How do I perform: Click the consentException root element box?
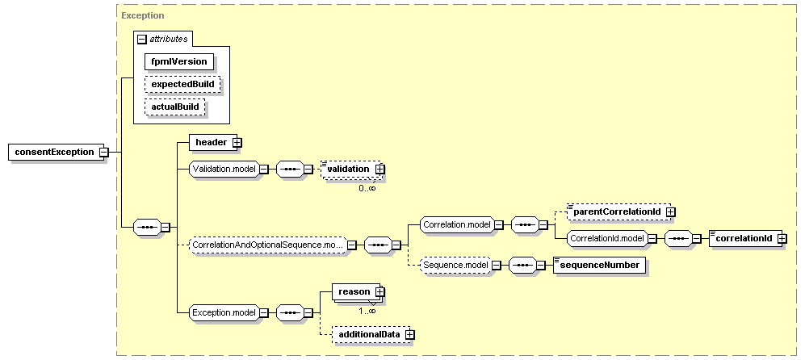(x=56, y=152)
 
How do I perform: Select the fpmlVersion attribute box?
(x=178, y=61)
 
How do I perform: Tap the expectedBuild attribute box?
(x=182, y=84)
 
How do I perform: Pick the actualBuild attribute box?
(x=174, y=107)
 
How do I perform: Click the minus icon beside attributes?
(x=142, y=39)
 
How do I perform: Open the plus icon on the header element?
(x=237, y=142)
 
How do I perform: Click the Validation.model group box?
(x=224, y=169)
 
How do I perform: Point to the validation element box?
(x=352, y=169)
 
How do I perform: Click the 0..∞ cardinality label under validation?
(x=367, y=188)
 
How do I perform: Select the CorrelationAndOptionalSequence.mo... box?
(x=267, y=245)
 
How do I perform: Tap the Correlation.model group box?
(x=456, y=224)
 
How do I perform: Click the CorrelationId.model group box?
(x=607, y=238)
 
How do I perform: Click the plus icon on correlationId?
(x=782, y=238)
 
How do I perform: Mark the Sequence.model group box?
(x=455, y=265)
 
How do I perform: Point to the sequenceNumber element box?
(x=600, y=265)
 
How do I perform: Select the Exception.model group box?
(x=224, y=312)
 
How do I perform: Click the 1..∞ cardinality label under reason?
(x=367, y=311)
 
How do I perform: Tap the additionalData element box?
(x=371, y=334)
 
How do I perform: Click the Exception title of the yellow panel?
(x=143, y=15)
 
